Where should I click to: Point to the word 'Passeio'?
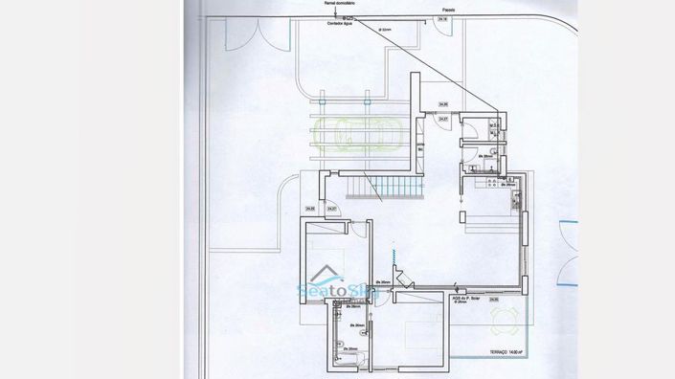[x=448, y=11]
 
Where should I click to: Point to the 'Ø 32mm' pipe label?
[x=386, y=30]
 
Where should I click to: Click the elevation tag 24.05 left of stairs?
[x=310, y=209]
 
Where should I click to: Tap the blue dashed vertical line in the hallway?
[x=392, y=256]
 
